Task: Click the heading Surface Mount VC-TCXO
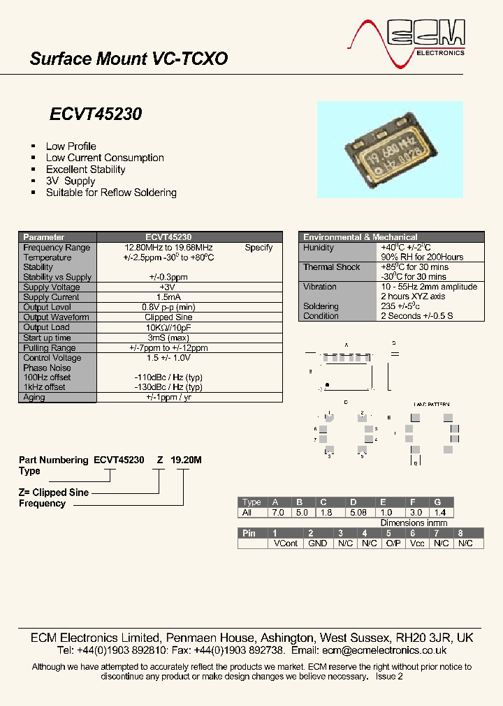129,59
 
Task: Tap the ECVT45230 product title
96,114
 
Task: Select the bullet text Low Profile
71,147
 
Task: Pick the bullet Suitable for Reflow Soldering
111,193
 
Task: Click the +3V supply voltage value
168,287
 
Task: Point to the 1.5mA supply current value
168,297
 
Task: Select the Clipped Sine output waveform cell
168,317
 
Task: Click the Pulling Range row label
50,347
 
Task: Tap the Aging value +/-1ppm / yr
168,398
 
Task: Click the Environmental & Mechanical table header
360,237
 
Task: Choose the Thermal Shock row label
332,267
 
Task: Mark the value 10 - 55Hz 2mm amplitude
429,287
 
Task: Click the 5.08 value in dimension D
358,512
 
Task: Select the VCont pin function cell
286,543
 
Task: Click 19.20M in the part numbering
187,460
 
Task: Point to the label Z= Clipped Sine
54,493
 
